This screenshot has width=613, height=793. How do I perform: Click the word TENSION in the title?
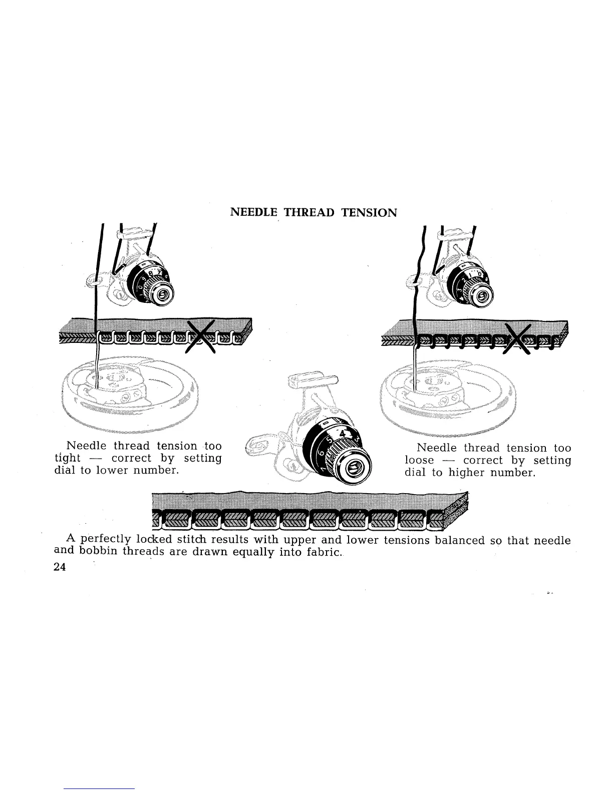369,212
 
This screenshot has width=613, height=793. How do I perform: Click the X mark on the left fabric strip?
200,336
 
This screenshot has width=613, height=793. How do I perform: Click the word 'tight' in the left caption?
67,459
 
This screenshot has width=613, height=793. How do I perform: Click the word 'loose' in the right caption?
419,461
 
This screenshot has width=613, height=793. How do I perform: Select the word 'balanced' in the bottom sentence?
460,540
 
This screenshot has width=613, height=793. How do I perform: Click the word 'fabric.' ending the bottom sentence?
323,553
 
